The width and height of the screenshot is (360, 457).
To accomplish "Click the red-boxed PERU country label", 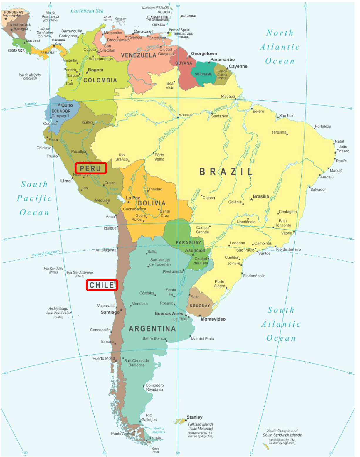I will coord(90,168).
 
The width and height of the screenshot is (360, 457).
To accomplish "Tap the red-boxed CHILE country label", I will coord(102,285).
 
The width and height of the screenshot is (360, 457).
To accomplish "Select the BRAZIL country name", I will coord(226,172).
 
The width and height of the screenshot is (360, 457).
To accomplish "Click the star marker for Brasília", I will coord(251,200).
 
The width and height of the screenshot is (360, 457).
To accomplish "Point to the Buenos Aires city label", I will coord(169,313).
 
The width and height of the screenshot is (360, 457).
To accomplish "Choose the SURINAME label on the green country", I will coord(203,74).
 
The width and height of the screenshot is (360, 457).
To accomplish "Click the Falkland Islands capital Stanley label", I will coord(194,417).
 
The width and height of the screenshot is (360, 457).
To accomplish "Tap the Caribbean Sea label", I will coord(87,11).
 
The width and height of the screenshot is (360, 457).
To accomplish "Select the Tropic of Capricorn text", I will coord(46,253).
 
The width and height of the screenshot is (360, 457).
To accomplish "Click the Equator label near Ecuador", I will coord(31,104).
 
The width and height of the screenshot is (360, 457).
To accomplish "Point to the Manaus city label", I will coord(185,115).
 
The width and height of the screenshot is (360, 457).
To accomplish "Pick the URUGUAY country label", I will coord(200,306).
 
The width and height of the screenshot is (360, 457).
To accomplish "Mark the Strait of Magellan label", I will coord(159,430).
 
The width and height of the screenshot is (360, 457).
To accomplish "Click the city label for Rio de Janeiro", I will coord(288,249).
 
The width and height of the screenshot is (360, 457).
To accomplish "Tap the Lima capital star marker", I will coord(72,178).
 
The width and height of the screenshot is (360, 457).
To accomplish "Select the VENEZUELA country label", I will coord(139,55).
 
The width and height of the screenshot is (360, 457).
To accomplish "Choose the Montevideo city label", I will coord(213,319).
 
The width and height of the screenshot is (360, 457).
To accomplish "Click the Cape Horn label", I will coord(155,450).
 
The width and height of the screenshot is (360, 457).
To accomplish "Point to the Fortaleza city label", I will coord(323,126).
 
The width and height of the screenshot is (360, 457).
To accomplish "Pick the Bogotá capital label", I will coord(95,70).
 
